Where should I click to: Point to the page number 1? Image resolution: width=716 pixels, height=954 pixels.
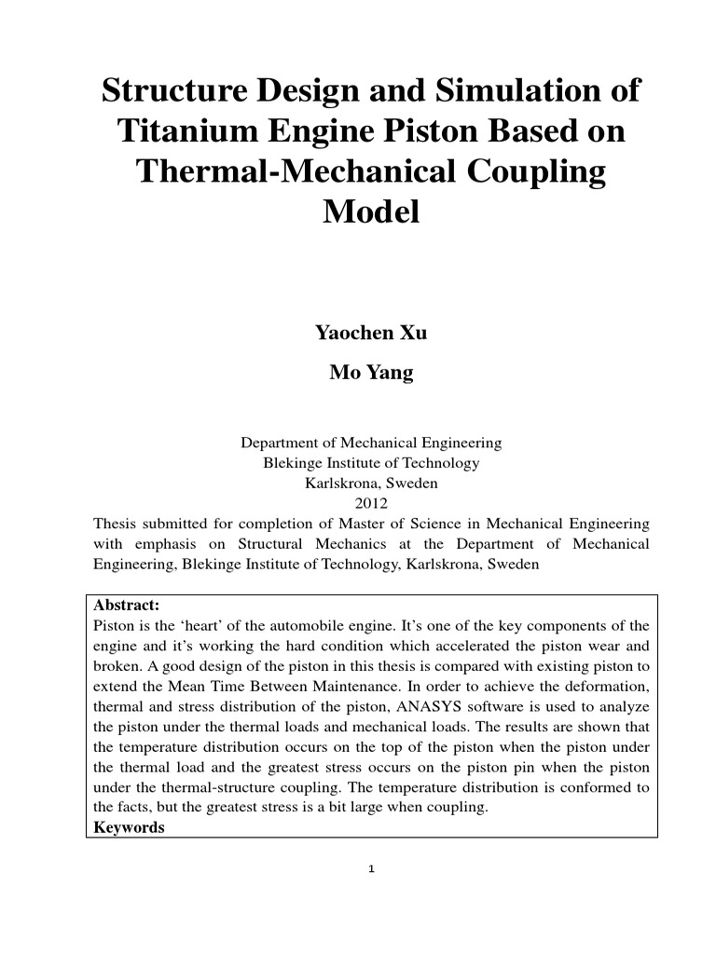(x=371, y=870)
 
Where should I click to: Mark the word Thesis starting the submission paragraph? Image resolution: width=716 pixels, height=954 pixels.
(x=115, y=524)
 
